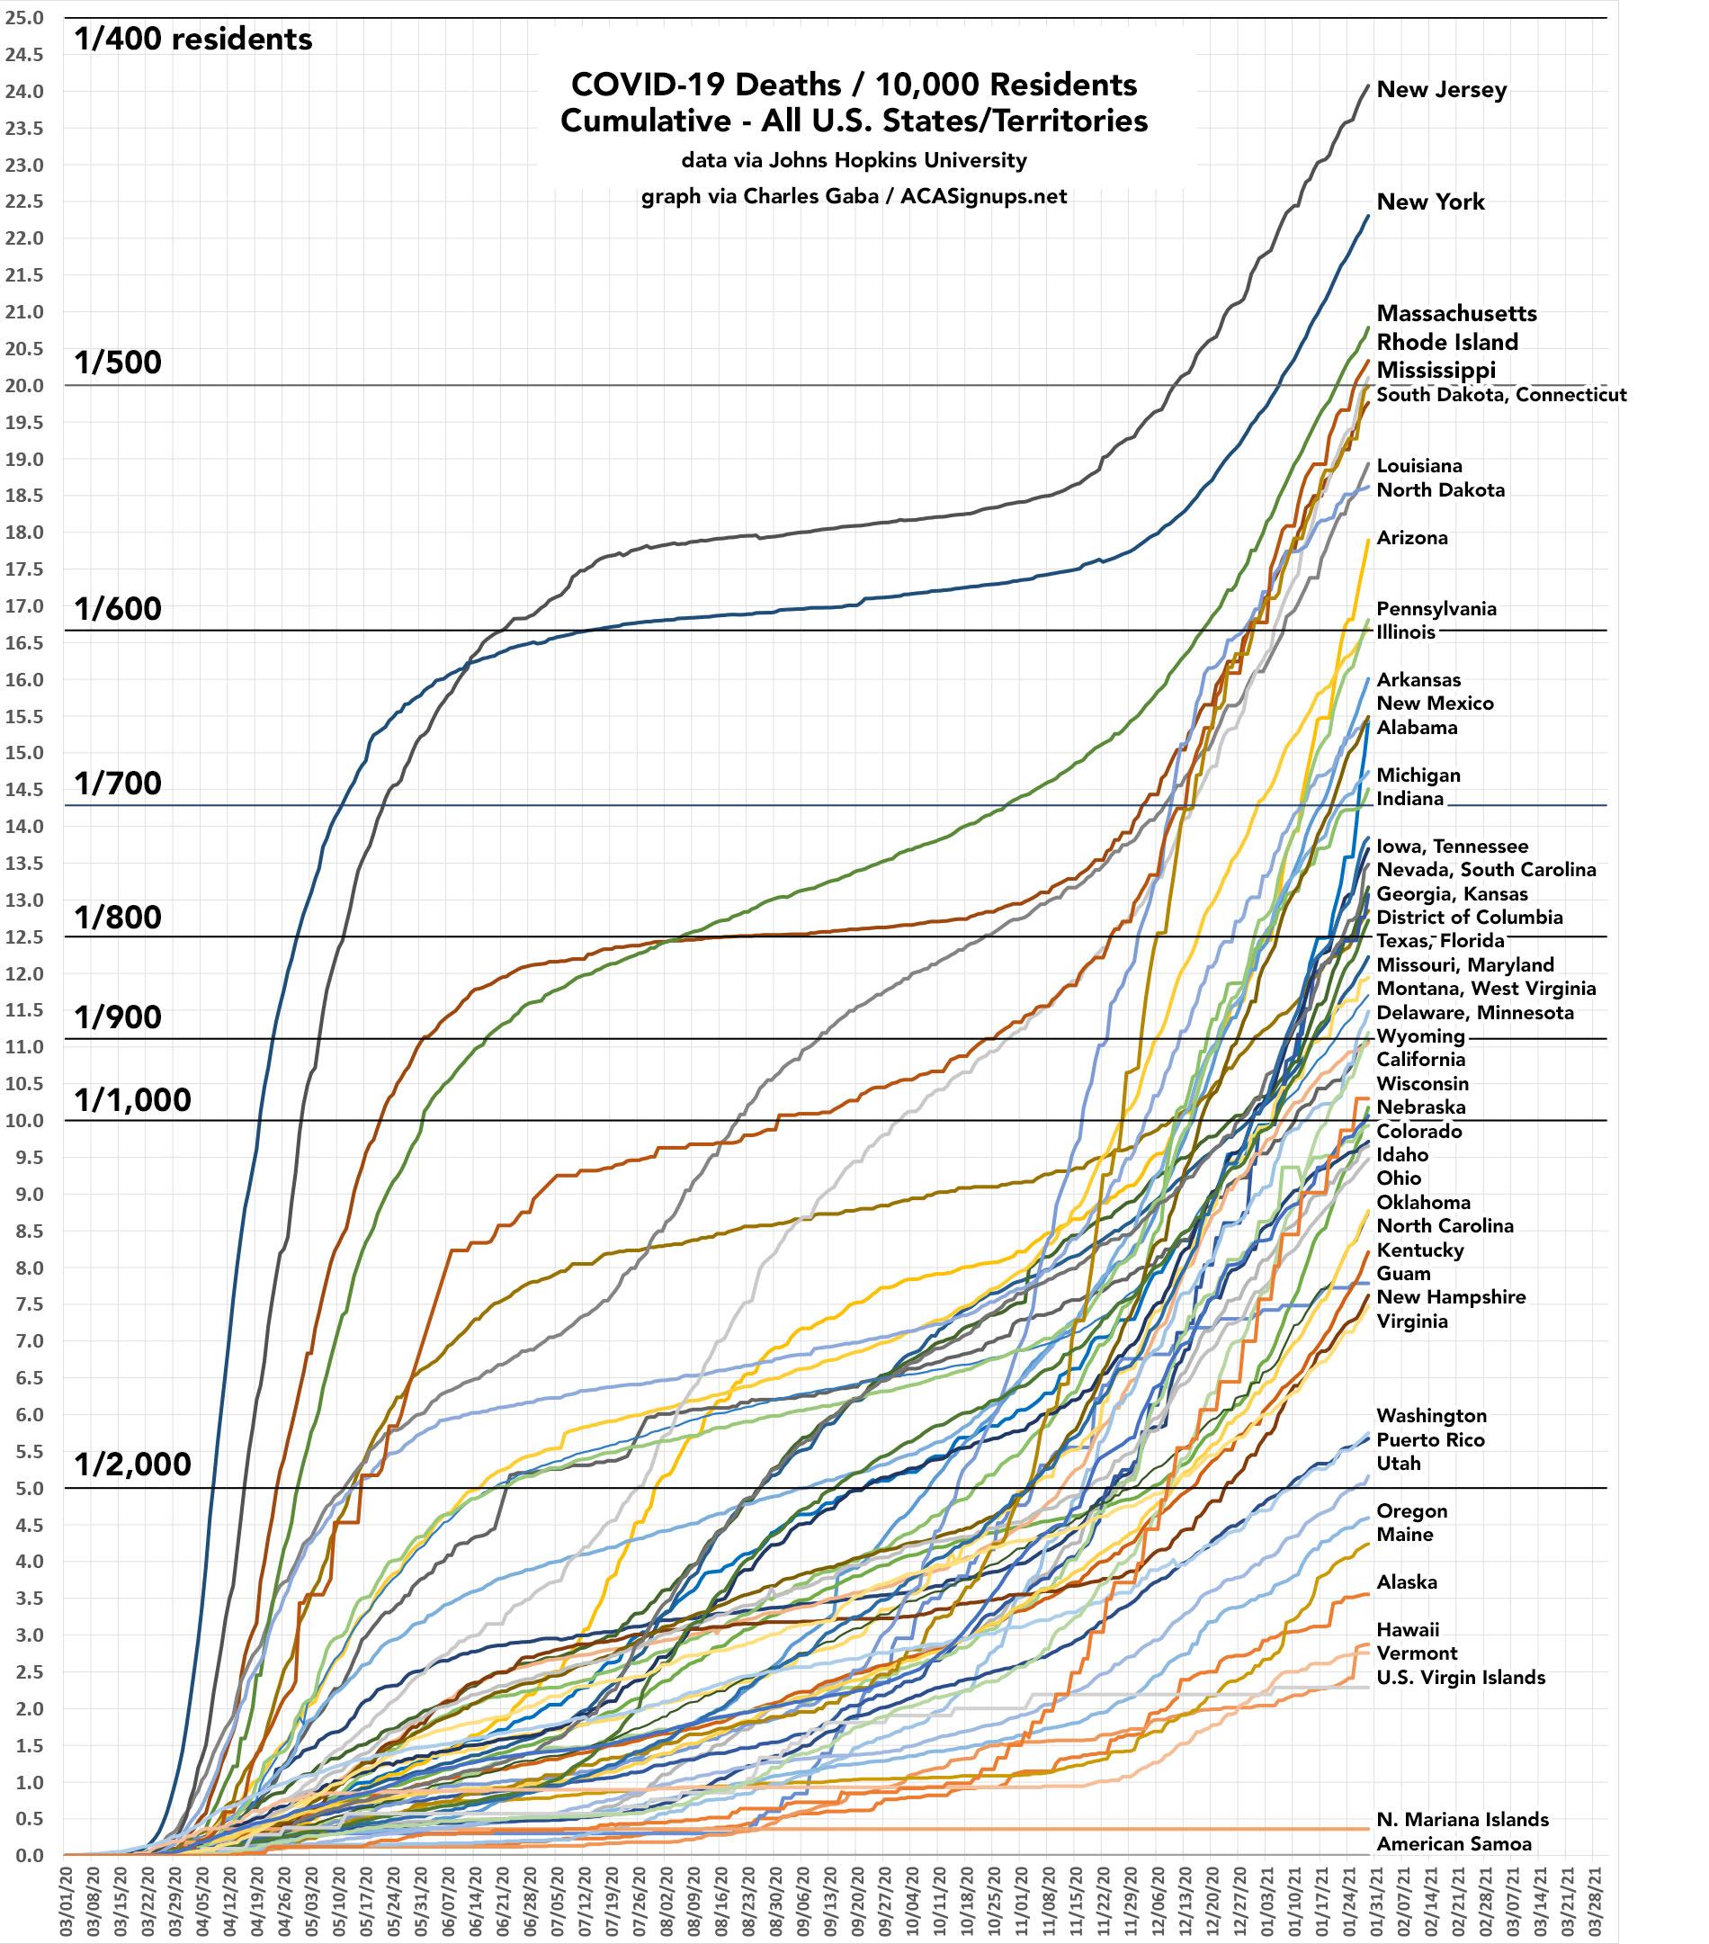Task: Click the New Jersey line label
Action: [1441, 90]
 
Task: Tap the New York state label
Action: [1429, 202]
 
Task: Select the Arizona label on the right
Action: [1412, 538]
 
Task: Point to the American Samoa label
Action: [1454, 1844]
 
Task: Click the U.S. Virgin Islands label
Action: [1461, 1678]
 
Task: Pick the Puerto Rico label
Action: [1430, 1440]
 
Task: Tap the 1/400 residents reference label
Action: [193, 39]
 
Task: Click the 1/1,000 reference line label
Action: [133, 1100]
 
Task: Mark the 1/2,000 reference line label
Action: [133, 1465]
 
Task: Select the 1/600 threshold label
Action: [118, 609]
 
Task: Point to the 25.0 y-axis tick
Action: [24, 18]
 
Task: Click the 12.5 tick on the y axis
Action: [24, 936]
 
